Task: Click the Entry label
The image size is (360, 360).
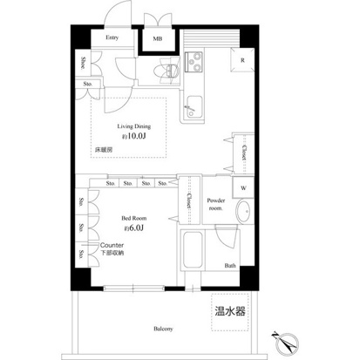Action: (x=112, y=38)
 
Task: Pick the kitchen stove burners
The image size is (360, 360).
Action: (x=194, y=64)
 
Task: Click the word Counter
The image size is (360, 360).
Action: (x=112, y=247)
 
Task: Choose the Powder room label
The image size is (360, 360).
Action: (x=216, y=204)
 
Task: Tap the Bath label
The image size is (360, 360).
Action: (x=230, y=265)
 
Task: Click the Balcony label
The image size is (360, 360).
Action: (x=163, y=329)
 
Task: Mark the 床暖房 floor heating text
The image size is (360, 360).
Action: (x=105, y=151)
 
